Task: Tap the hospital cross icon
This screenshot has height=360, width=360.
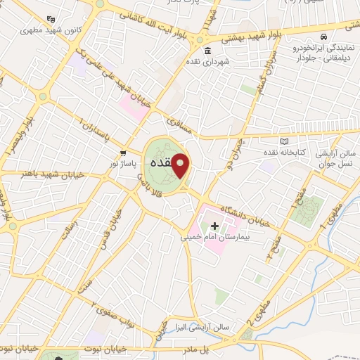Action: point(215,226)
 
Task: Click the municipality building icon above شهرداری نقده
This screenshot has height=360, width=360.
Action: point(207,51)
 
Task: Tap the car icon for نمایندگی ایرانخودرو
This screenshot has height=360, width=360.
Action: point(322,37)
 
